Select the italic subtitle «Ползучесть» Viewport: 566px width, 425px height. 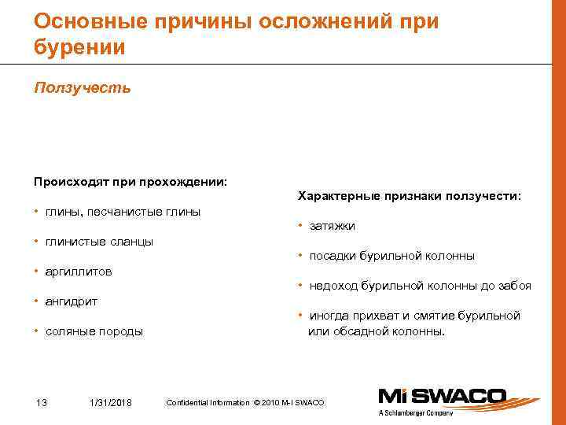(83, 87)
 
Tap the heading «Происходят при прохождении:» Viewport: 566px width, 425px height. (130, 182)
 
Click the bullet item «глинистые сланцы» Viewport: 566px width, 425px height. (99, 242)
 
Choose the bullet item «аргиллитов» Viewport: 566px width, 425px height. (78, 272)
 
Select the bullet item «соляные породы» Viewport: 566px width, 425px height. (94, 331)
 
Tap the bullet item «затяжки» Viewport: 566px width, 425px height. (332, 226)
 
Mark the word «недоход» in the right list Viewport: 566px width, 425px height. (332, 286)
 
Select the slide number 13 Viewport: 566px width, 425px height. (42, 403)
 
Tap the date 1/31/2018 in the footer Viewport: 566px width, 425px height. (111, 403)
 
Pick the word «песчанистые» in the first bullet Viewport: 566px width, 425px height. (119, 212)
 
